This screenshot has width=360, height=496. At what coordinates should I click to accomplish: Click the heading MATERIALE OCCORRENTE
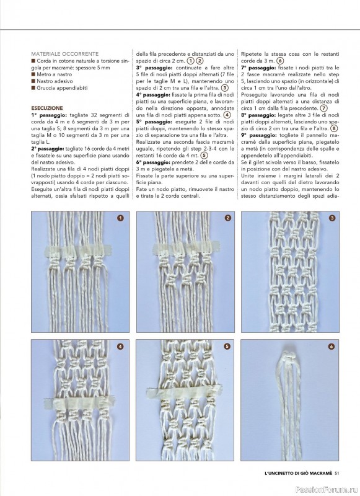(65, 54)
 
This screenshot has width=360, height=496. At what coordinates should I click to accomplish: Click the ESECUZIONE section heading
(47, 108)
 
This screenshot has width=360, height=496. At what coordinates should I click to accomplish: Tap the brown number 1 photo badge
(120, 218)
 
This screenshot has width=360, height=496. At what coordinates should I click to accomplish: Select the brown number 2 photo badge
(228, 218)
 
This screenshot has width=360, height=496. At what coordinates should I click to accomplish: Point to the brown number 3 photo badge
(332, 218)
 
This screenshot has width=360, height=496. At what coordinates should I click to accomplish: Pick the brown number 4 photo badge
(120, 347)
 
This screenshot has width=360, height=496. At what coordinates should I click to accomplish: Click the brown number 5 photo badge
(227, 347)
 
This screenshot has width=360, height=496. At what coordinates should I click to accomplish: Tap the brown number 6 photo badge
(331, 347)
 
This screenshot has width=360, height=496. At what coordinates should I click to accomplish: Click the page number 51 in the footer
(336, 473)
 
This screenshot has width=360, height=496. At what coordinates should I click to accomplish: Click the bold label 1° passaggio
(49, 115)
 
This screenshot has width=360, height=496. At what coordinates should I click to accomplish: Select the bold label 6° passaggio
(154, 162)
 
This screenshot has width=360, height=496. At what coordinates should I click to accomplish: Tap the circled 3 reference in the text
(225, 88)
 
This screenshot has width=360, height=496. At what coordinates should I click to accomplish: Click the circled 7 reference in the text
(323, 108)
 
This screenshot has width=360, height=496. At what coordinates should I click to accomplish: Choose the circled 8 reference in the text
(334, 128)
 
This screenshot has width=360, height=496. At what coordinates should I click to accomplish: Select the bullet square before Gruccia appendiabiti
(33, 88)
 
